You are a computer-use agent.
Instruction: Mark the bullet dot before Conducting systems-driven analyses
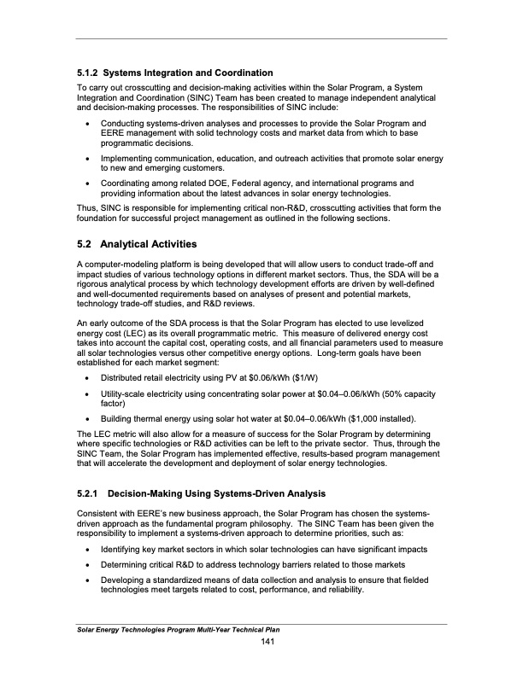(90, 124)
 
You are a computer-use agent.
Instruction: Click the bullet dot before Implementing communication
(90, 159)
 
